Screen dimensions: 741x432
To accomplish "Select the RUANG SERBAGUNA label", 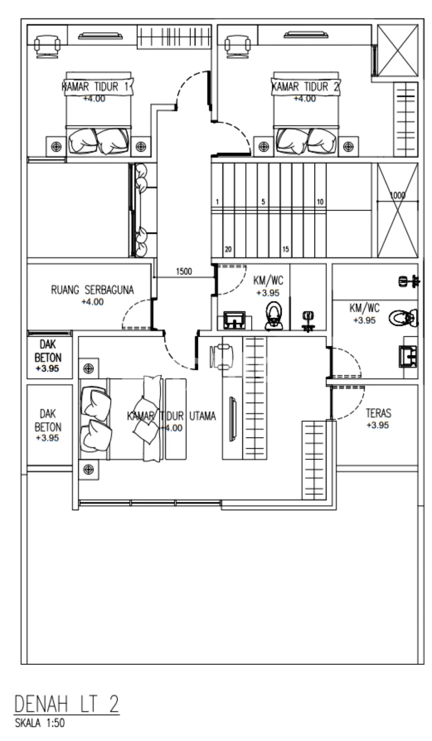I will point(92,290).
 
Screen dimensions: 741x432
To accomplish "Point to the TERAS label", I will point(378,413).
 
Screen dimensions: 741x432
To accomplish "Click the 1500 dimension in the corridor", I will point(184,272).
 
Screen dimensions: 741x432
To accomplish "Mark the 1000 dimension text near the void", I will point(398,195).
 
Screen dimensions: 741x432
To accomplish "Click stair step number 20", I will point(228,249).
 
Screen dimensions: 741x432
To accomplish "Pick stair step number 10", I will point(320,202).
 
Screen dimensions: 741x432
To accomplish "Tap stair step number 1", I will point(217,202).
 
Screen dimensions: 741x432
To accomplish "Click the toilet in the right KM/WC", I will point(403,318).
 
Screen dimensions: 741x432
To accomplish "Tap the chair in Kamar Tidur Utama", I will point(222,357).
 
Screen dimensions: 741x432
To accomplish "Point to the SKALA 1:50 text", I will point(40,722).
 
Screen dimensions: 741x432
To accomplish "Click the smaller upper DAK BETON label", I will point(48,351).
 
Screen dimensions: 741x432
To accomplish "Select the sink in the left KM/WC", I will point(234,321).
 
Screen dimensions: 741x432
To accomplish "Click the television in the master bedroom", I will point(233,418).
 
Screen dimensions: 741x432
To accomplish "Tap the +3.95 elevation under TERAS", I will point(378,425).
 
